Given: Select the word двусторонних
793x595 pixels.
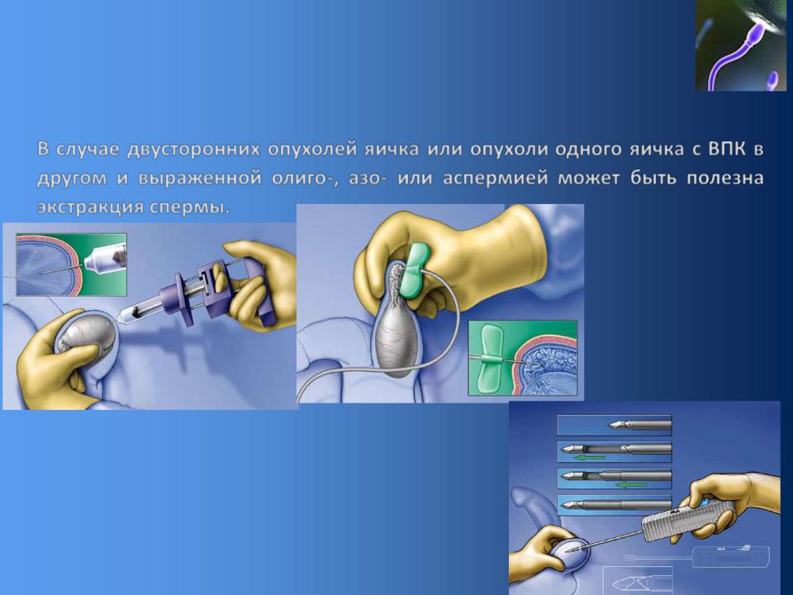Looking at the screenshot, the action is pos(193,150).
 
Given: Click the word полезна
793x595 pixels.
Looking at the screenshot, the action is pos(724,179).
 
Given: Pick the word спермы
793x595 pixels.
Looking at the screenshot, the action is pos(190,207).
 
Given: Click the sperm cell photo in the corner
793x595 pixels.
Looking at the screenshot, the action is pos(741,45).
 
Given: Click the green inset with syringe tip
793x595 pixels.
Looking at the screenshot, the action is pos(71,264).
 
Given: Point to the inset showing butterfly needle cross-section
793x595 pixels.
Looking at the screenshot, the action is pos(523,358).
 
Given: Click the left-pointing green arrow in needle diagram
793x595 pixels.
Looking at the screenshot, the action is pos(590,457).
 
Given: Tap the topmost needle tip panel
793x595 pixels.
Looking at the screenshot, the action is pos(615,425).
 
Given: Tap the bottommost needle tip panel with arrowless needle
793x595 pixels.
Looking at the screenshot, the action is pos(615,505).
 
